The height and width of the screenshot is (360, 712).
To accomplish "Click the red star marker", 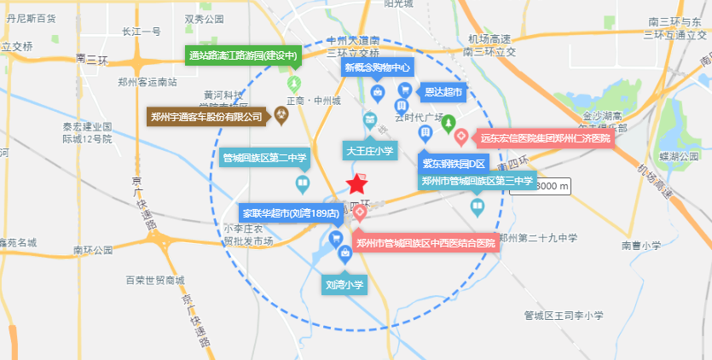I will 356,183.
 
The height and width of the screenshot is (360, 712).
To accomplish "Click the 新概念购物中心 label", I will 378,67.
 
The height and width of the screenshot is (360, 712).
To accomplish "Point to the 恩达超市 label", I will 443,91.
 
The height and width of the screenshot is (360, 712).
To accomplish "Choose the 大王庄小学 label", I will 369,151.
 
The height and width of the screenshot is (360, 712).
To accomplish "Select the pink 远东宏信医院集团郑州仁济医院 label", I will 546,137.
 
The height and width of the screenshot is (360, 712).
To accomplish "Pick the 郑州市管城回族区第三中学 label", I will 477,181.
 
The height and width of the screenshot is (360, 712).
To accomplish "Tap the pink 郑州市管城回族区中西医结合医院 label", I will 425,243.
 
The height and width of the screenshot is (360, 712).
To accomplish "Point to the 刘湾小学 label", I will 344,285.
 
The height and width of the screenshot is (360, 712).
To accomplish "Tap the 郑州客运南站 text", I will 148,82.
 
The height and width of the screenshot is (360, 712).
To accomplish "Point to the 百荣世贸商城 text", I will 154,279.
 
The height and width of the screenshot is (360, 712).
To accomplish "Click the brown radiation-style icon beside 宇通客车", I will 281,115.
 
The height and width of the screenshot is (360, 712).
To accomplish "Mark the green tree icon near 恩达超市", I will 449,125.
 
